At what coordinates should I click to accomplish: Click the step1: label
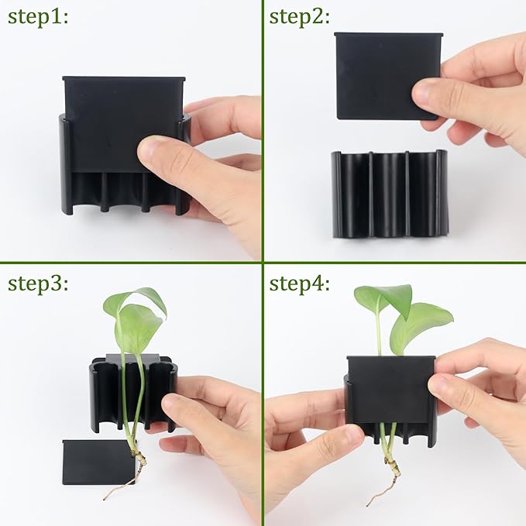(x=39, y=16)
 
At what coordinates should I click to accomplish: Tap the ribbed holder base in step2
(x=390, y=194)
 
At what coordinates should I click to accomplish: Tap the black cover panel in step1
(x=120, y=116)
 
